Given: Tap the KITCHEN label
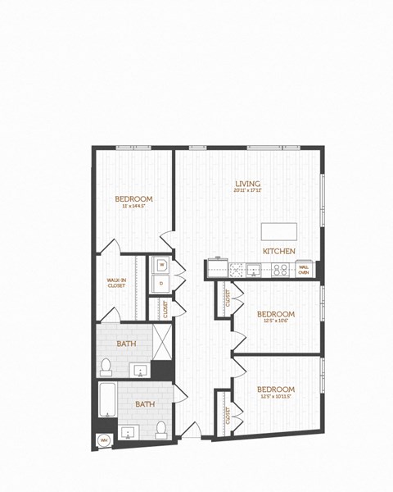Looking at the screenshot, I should coord(278,250).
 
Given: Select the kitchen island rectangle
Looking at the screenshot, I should coord(280,230).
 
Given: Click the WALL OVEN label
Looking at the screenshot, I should coord(303,268).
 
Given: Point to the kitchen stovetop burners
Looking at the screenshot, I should coord(280,268).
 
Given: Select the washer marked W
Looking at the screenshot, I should coord(162,265).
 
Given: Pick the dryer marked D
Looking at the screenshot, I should coord(162,285).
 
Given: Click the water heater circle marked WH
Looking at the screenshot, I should coord(104,440).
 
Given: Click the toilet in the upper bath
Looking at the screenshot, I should coord(105,366).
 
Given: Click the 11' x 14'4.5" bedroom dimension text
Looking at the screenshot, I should coord(133,207).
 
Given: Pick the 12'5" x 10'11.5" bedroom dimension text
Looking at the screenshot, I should coord(276,397).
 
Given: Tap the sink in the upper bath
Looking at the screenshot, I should coord(139,371).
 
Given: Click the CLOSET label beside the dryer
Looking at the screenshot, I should coord(166,309).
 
